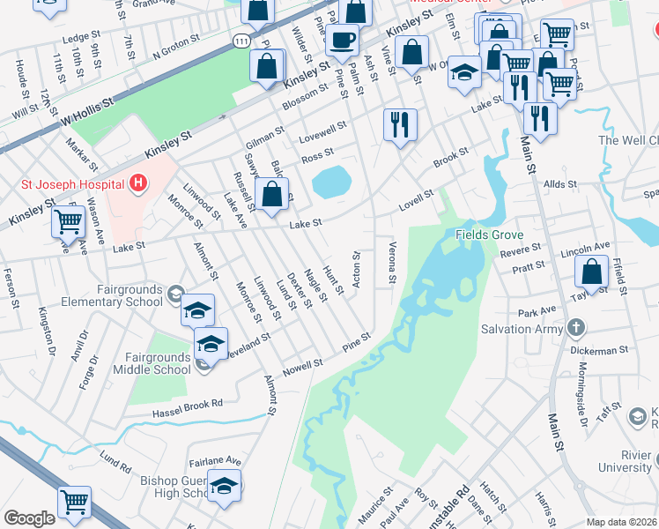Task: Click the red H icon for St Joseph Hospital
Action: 137,184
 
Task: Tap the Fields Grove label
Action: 489,235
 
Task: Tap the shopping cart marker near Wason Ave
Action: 69,221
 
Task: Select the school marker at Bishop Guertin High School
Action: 225,486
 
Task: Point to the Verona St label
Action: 392,263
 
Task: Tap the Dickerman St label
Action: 598,349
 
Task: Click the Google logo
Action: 29,518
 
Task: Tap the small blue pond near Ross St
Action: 331,183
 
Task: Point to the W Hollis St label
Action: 88,110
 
